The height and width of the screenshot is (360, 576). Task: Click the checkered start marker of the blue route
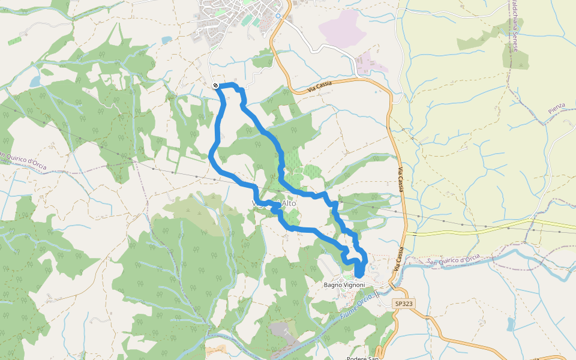tap(215, 86)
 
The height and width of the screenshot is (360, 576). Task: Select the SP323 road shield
tap(404, 304)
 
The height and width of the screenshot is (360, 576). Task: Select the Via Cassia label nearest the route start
tap(327, 86)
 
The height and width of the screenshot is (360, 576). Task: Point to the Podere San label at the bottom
tap(364, 358)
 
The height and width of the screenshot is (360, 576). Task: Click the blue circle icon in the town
tap(278, 16)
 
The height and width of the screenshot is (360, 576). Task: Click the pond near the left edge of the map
tap(35, 81)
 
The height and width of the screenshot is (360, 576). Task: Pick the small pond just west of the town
tap(166, 40)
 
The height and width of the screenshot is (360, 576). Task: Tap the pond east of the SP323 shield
tap(511, 324)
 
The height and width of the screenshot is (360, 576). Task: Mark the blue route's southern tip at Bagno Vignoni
tap(359, 275)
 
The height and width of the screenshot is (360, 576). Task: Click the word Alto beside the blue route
tap(289, 203)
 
